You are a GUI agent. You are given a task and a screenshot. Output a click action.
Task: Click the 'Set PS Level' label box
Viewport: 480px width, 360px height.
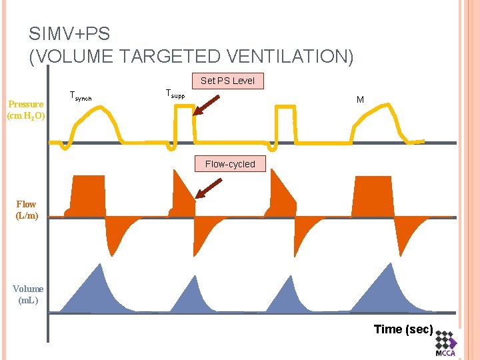tap(227, 81)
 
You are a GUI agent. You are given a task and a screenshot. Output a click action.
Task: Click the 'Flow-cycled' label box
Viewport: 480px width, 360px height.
tap(230, 164)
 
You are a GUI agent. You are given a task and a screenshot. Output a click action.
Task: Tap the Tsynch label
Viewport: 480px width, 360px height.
tap(80, 97)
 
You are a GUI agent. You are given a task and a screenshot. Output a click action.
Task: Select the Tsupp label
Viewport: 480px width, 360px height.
tap(175, 94)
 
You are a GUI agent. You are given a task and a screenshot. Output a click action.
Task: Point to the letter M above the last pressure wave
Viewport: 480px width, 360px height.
tap(360, 99)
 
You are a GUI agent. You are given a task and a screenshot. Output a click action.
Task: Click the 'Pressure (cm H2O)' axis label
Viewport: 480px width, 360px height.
tap(26, 110)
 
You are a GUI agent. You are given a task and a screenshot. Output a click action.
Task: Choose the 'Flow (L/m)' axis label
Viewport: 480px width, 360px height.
tap(27, 210)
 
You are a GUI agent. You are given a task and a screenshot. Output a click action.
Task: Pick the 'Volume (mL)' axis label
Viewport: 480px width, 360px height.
tap(28, 295)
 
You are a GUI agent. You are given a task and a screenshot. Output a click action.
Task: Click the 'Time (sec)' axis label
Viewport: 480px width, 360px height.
tap(403, 329)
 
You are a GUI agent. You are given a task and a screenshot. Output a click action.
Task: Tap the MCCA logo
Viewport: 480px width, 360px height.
tap(445, 344)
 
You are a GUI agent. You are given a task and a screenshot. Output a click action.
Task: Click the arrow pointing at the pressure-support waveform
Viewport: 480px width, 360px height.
tap(207, 105)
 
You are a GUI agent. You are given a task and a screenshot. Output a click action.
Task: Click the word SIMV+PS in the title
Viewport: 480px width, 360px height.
tap(69, 33)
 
